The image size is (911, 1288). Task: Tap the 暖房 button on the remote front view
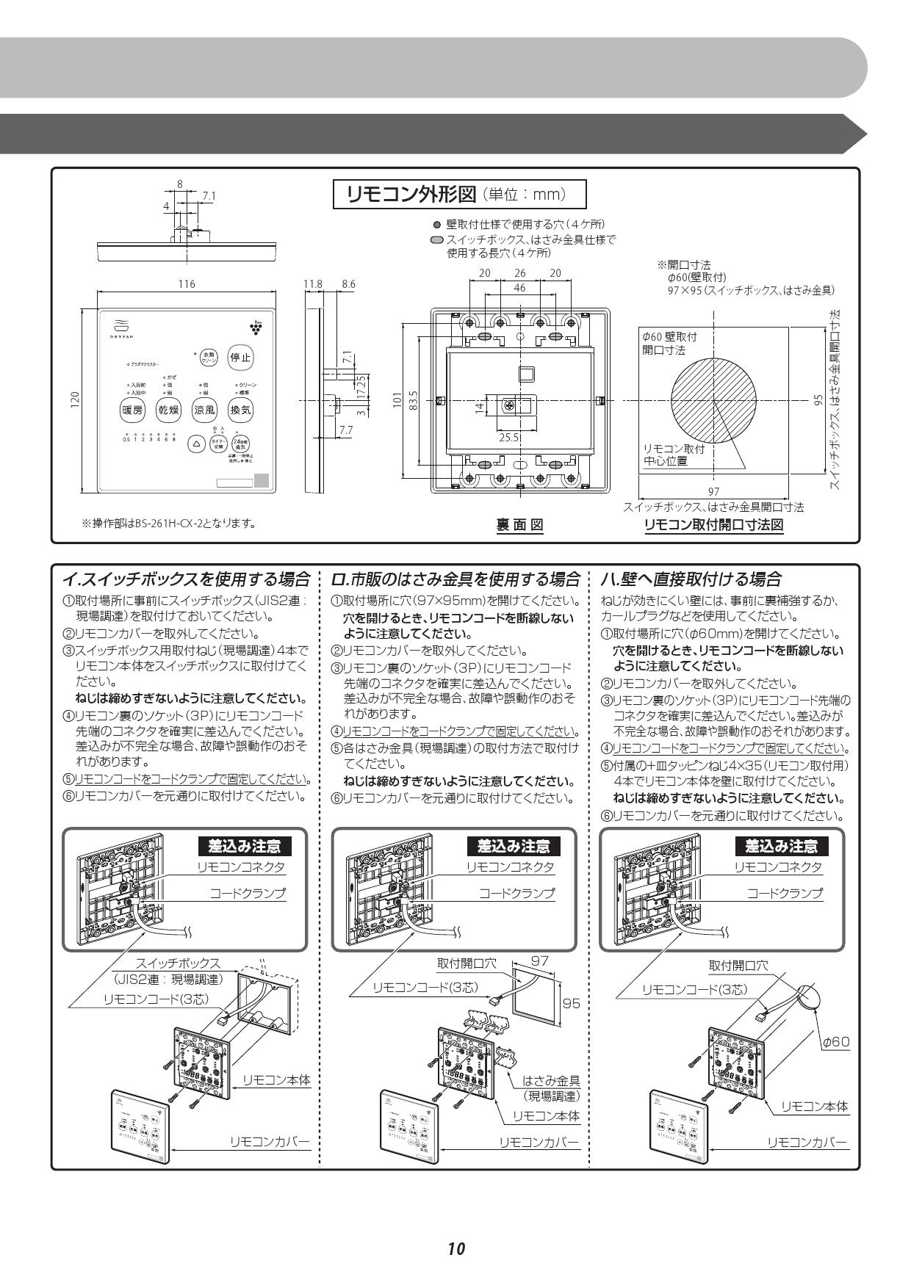click(x=134, y=410)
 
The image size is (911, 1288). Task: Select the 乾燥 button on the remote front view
click(x=169, y=410)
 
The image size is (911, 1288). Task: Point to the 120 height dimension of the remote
click(x=76, y=401)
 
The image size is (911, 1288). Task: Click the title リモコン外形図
click(x=414, y=195)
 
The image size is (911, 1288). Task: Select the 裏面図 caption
click(x=519, y=524)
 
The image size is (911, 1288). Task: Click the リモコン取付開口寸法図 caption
click(x=713, y=524)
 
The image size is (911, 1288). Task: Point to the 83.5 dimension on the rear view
click(x=414, y=401)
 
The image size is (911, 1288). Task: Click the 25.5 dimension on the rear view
click(x=509, y=437)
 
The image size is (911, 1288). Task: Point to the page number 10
click(x=455, y=1248)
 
